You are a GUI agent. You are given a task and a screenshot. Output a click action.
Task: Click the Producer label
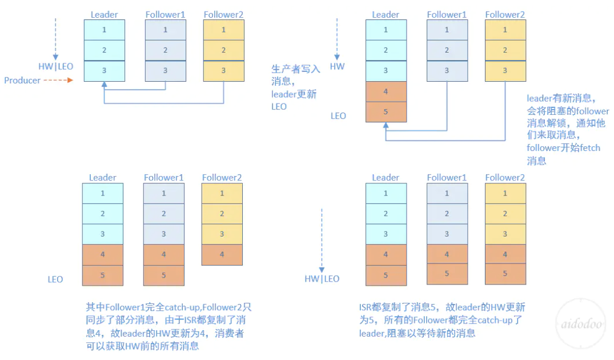click(x=22, y=81)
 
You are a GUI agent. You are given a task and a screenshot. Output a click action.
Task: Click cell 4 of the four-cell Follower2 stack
click(x=222, y=255)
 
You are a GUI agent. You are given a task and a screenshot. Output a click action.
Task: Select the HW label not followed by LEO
click(x=338, y=66)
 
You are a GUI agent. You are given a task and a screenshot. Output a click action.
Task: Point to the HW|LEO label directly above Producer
click(x=55, y=66)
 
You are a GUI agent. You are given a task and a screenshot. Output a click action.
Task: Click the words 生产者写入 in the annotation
click(x=296, y=69)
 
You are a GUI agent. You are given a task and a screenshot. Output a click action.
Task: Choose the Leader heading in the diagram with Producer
click(x=104, y=14)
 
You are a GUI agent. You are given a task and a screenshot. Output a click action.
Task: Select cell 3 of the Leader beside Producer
click(x=105, y=71)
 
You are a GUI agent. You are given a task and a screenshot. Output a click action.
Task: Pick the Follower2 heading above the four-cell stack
click(x=222, y=178)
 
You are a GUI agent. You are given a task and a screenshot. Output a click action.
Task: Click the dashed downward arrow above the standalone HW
click(x=338, y=37)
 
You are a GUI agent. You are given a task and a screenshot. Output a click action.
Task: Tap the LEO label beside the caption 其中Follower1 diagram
click(x=55, y=279)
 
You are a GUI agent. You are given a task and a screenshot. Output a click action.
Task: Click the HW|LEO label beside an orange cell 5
click(x=322, y=279)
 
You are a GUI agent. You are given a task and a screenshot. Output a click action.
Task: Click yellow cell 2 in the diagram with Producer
click(x=223, y=50)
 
